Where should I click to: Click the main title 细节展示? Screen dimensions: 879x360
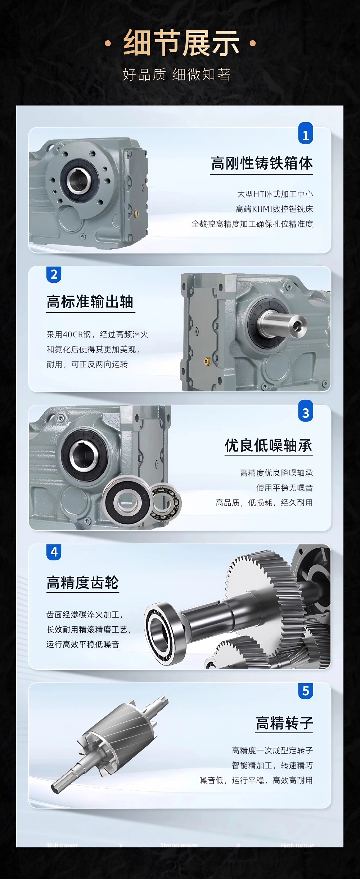click(181, 43)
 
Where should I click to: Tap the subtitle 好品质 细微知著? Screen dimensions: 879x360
click(176, 75)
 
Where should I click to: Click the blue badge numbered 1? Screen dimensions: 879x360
click(306, 134)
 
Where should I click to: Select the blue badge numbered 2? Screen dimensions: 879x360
click(54, 275)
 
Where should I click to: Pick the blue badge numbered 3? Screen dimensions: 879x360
click(306, 412)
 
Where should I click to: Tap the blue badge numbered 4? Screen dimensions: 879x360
click(54, 552)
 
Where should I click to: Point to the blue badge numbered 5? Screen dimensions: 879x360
click(306, 691)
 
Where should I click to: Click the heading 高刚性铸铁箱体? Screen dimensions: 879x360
click(262, 163)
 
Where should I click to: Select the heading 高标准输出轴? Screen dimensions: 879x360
click(90, 302)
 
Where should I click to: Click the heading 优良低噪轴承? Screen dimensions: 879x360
click(269, 445)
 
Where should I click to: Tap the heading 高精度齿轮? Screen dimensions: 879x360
click(82, 583)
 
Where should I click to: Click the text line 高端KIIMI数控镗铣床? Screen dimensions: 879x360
click(274, 209)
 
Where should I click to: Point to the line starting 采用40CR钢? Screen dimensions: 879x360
click(97, 335)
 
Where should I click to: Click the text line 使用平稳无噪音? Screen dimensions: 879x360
click(284, 488)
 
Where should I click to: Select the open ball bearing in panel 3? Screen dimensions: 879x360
click(166, 502)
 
